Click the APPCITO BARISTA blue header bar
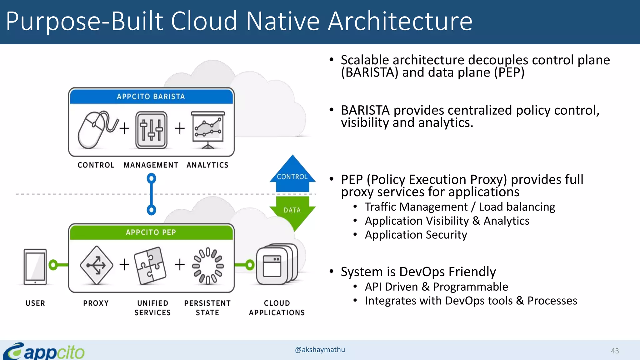[151, 97]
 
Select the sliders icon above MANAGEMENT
[151, 130]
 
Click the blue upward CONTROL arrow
[292, 175]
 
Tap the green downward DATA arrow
[292, 212]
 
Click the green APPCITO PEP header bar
[151, 232]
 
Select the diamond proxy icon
[96, 265]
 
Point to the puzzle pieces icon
[150, 266]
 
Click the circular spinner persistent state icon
[208, 266]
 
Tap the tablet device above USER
[35, 267]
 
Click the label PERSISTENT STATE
[207, 308]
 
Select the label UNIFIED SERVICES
[152, 308]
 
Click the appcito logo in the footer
[44, 351]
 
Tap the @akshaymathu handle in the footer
[320, 350]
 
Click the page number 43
[615, 351]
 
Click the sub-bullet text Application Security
[416, 235]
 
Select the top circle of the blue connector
[151, 178]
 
